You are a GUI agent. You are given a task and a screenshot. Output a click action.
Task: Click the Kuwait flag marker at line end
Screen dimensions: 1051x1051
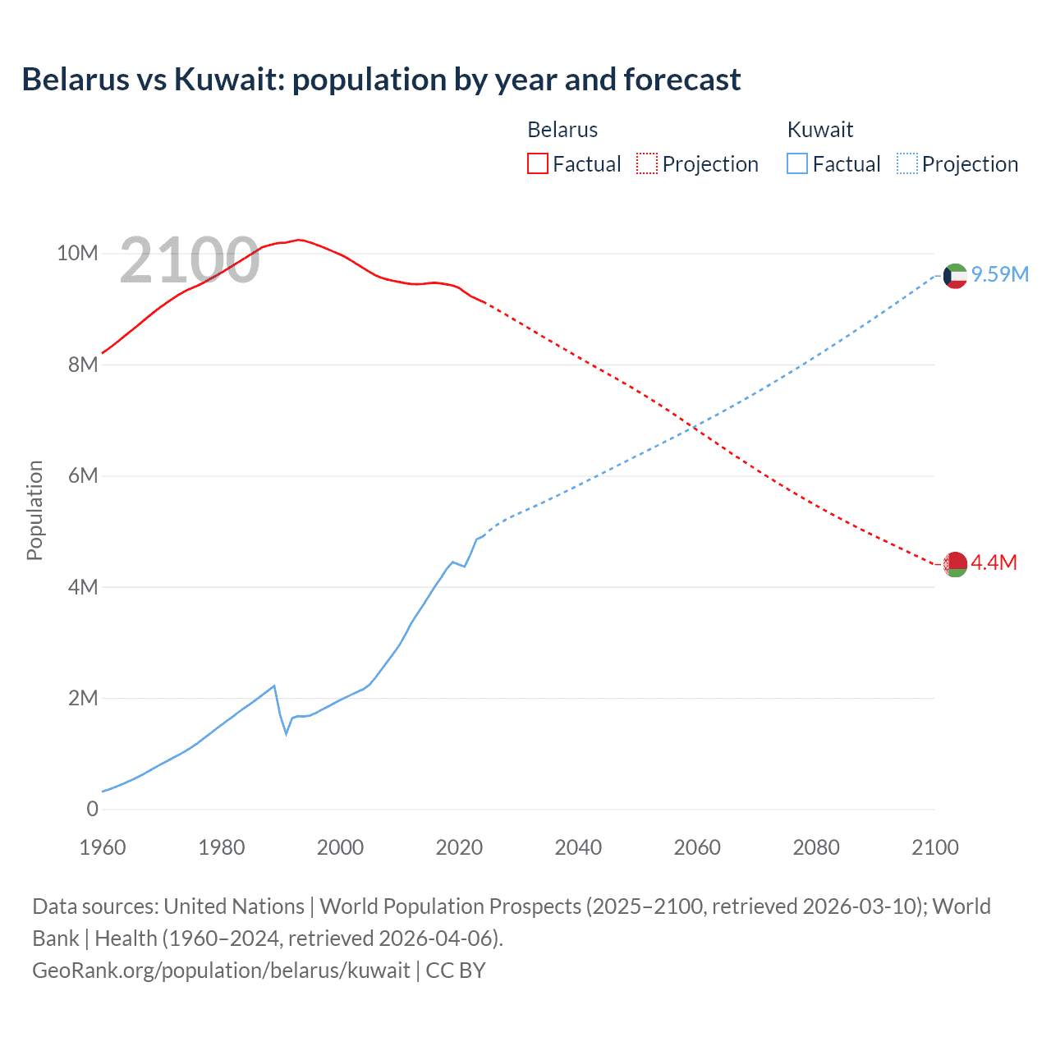[955, 276]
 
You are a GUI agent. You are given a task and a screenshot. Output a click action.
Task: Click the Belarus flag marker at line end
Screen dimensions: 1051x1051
[955, 564]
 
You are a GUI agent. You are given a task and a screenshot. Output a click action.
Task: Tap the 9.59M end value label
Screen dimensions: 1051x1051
[1000, 274]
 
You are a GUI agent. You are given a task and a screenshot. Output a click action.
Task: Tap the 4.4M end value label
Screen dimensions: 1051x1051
[994, 562]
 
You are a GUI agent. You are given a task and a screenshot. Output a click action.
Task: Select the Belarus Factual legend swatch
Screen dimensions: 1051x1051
[537, 163]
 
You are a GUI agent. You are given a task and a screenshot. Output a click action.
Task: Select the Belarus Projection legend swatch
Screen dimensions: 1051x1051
[647, 163]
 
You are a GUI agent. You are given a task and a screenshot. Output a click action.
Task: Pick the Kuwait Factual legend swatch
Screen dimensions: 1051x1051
[796, 163]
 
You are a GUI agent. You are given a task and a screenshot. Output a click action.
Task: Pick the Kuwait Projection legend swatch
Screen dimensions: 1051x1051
[907, 163]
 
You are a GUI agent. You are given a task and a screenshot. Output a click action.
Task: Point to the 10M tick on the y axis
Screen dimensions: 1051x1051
[77, 253]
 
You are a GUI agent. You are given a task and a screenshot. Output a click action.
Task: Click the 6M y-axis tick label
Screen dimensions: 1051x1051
[83, 475]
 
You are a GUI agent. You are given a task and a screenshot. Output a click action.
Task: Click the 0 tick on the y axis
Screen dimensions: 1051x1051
[92, 809]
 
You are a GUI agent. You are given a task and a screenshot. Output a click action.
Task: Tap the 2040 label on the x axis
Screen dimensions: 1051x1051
[578, 847]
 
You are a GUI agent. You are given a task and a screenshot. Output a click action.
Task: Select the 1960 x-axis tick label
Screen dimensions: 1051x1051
[103, 847]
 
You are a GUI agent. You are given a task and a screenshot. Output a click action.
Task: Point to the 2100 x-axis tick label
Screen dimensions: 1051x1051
[934, 847]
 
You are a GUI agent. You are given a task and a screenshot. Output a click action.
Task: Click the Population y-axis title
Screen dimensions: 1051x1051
[34, 510]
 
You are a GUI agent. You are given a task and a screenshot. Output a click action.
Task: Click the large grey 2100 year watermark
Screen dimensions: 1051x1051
[190, 261]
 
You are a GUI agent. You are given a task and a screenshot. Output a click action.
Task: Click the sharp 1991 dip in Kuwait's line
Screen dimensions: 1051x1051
[286, 732]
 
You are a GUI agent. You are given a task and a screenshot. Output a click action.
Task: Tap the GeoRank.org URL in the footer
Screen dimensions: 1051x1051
[221, 971]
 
